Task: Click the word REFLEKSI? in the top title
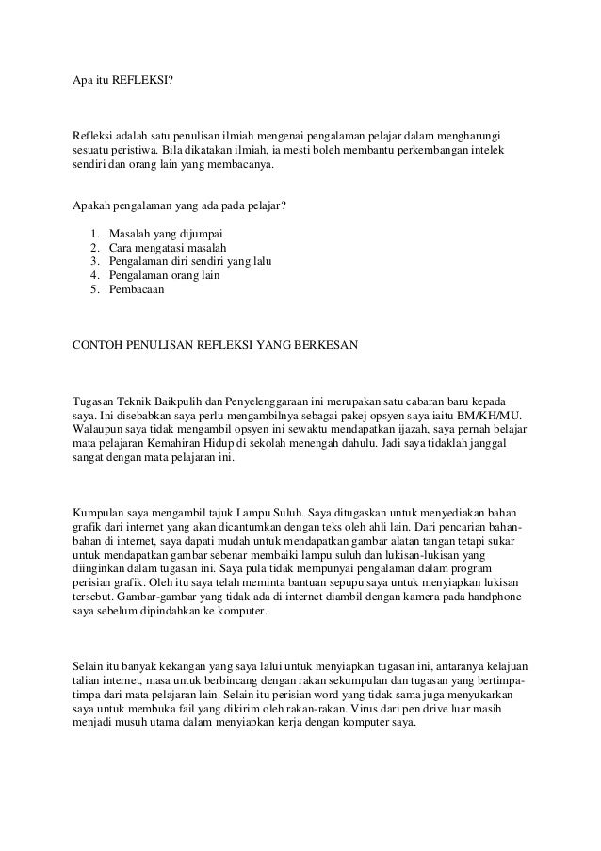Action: click(143, 81)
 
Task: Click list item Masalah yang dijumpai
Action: click(169, 233)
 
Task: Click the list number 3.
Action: click(94, 261)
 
